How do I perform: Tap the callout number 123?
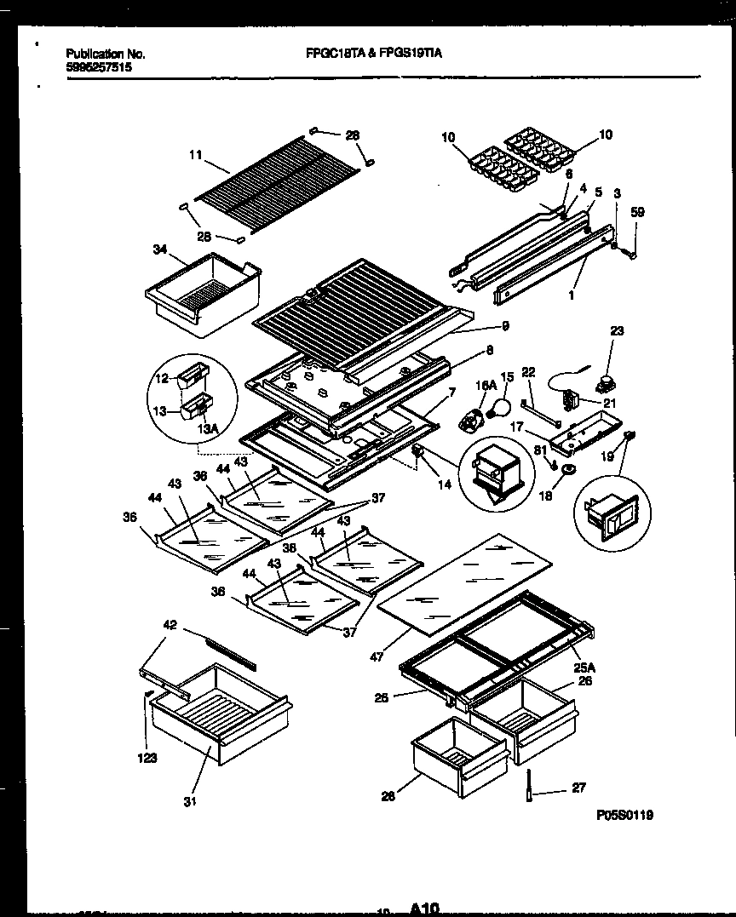(147, 759)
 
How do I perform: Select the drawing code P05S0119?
(625, 814)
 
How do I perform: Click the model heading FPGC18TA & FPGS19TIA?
(374, 53)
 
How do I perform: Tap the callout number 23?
(617, 331)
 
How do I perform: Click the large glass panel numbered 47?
(464, 587)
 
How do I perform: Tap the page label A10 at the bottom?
(424, 908)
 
